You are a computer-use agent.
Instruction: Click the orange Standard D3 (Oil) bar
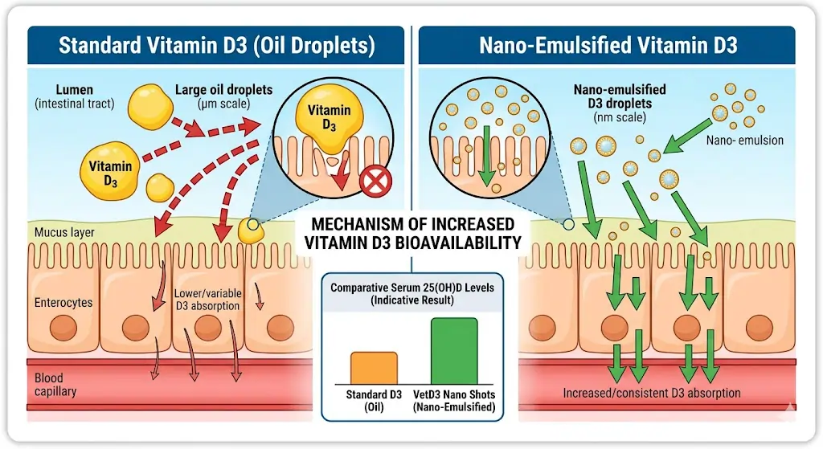(373, 368)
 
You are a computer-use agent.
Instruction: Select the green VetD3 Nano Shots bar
(454, 351)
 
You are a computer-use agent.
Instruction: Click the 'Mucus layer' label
(64, 233)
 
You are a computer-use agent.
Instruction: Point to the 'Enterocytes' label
(63, 303)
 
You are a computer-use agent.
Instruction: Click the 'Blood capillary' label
(55, 385)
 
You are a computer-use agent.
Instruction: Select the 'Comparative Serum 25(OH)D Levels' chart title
(412, 291)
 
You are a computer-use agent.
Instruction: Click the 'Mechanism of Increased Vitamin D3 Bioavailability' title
(412, 231)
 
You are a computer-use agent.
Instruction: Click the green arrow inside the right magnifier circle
(485, 150)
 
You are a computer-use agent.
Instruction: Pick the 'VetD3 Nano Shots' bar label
(455, 400)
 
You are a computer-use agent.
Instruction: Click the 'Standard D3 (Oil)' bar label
(373, 400)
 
